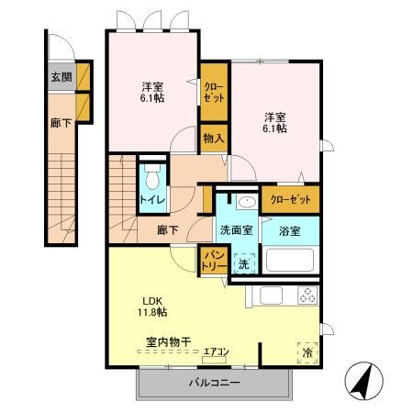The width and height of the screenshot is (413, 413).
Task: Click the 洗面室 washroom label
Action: pyautogui.click(x=236, y=230)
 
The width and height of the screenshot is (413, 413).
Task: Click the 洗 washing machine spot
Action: pyautogui.click(x=243, y=263)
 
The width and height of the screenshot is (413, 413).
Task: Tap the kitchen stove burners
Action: pyautogui.click(x=305, y=296)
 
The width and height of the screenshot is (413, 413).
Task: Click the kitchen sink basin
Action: pyautogui.click(x=272, y=296)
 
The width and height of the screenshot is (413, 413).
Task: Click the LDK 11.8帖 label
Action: pyautogui.click(x=152, y=307)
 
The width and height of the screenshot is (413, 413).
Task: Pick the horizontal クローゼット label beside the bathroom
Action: pyautogui.click(x=289, y=199)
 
